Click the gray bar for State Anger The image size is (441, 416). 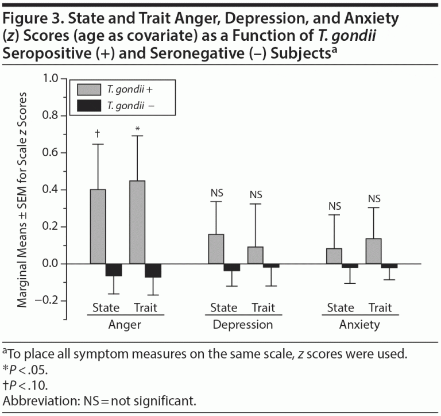(98, 226)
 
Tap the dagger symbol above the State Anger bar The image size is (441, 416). (98, 133)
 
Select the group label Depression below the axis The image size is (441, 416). (242, 325)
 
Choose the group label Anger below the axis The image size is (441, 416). (125, 325)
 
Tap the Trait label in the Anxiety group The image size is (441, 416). (380, 307)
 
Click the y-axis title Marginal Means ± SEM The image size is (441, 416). (22, 190)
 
